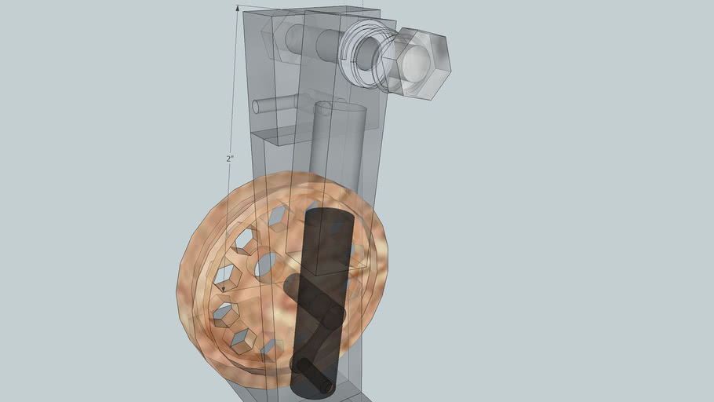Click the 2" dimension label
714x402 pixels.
230,158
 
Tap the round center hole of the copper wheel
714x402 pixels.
265,266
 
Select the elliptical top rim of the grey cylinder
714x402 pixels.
340,108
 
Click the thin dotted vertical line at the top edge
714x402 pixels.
363,4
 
